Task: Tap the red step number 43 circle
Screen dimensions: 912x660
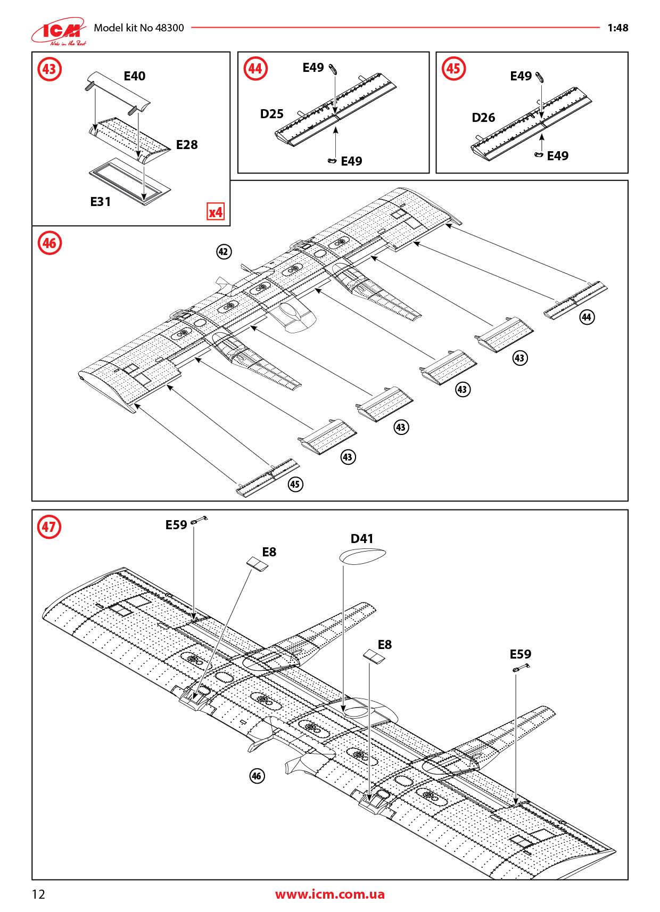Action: [x=48, y=69]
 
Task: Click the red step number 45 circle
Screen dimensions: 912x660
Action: [x=453, y=69]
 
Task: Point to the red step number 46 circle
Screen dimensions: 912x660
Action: [x=48, y=243]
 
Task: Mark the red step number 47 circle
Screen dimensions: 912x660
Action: [x=48, y=527]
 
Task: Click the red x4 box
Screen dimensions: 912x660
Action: [x=216, y=212]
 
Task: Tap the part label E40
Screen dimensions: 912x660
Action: [x=134, y=76]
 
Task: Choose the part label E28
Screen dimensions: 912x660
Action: [x=187, y=145]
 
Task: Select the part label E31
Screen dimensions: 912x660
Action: [x=100, y=201]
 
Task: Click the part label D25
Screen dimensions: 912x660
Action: [x=271, y=113]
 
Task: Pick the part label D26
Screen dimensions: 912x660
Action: [x=483, y=118]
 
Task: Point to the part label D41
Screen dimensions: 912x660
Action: [x=362, y=539]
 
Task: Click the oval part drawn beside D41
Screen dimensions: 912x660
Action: [x=361, y=555]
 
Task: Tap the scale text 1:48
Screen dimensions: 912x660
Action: [x=617, y=28]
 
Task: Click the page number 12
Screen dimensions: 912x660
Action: [x=39, y=893]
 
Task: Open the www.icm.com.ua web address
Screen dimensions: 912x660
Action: [x=329, y=894]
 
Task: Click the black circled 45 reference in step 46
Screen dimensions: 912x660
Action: [x=295, y=484]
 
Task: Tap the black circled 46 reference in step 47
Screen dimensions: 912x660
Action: [x=257, y=776]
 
